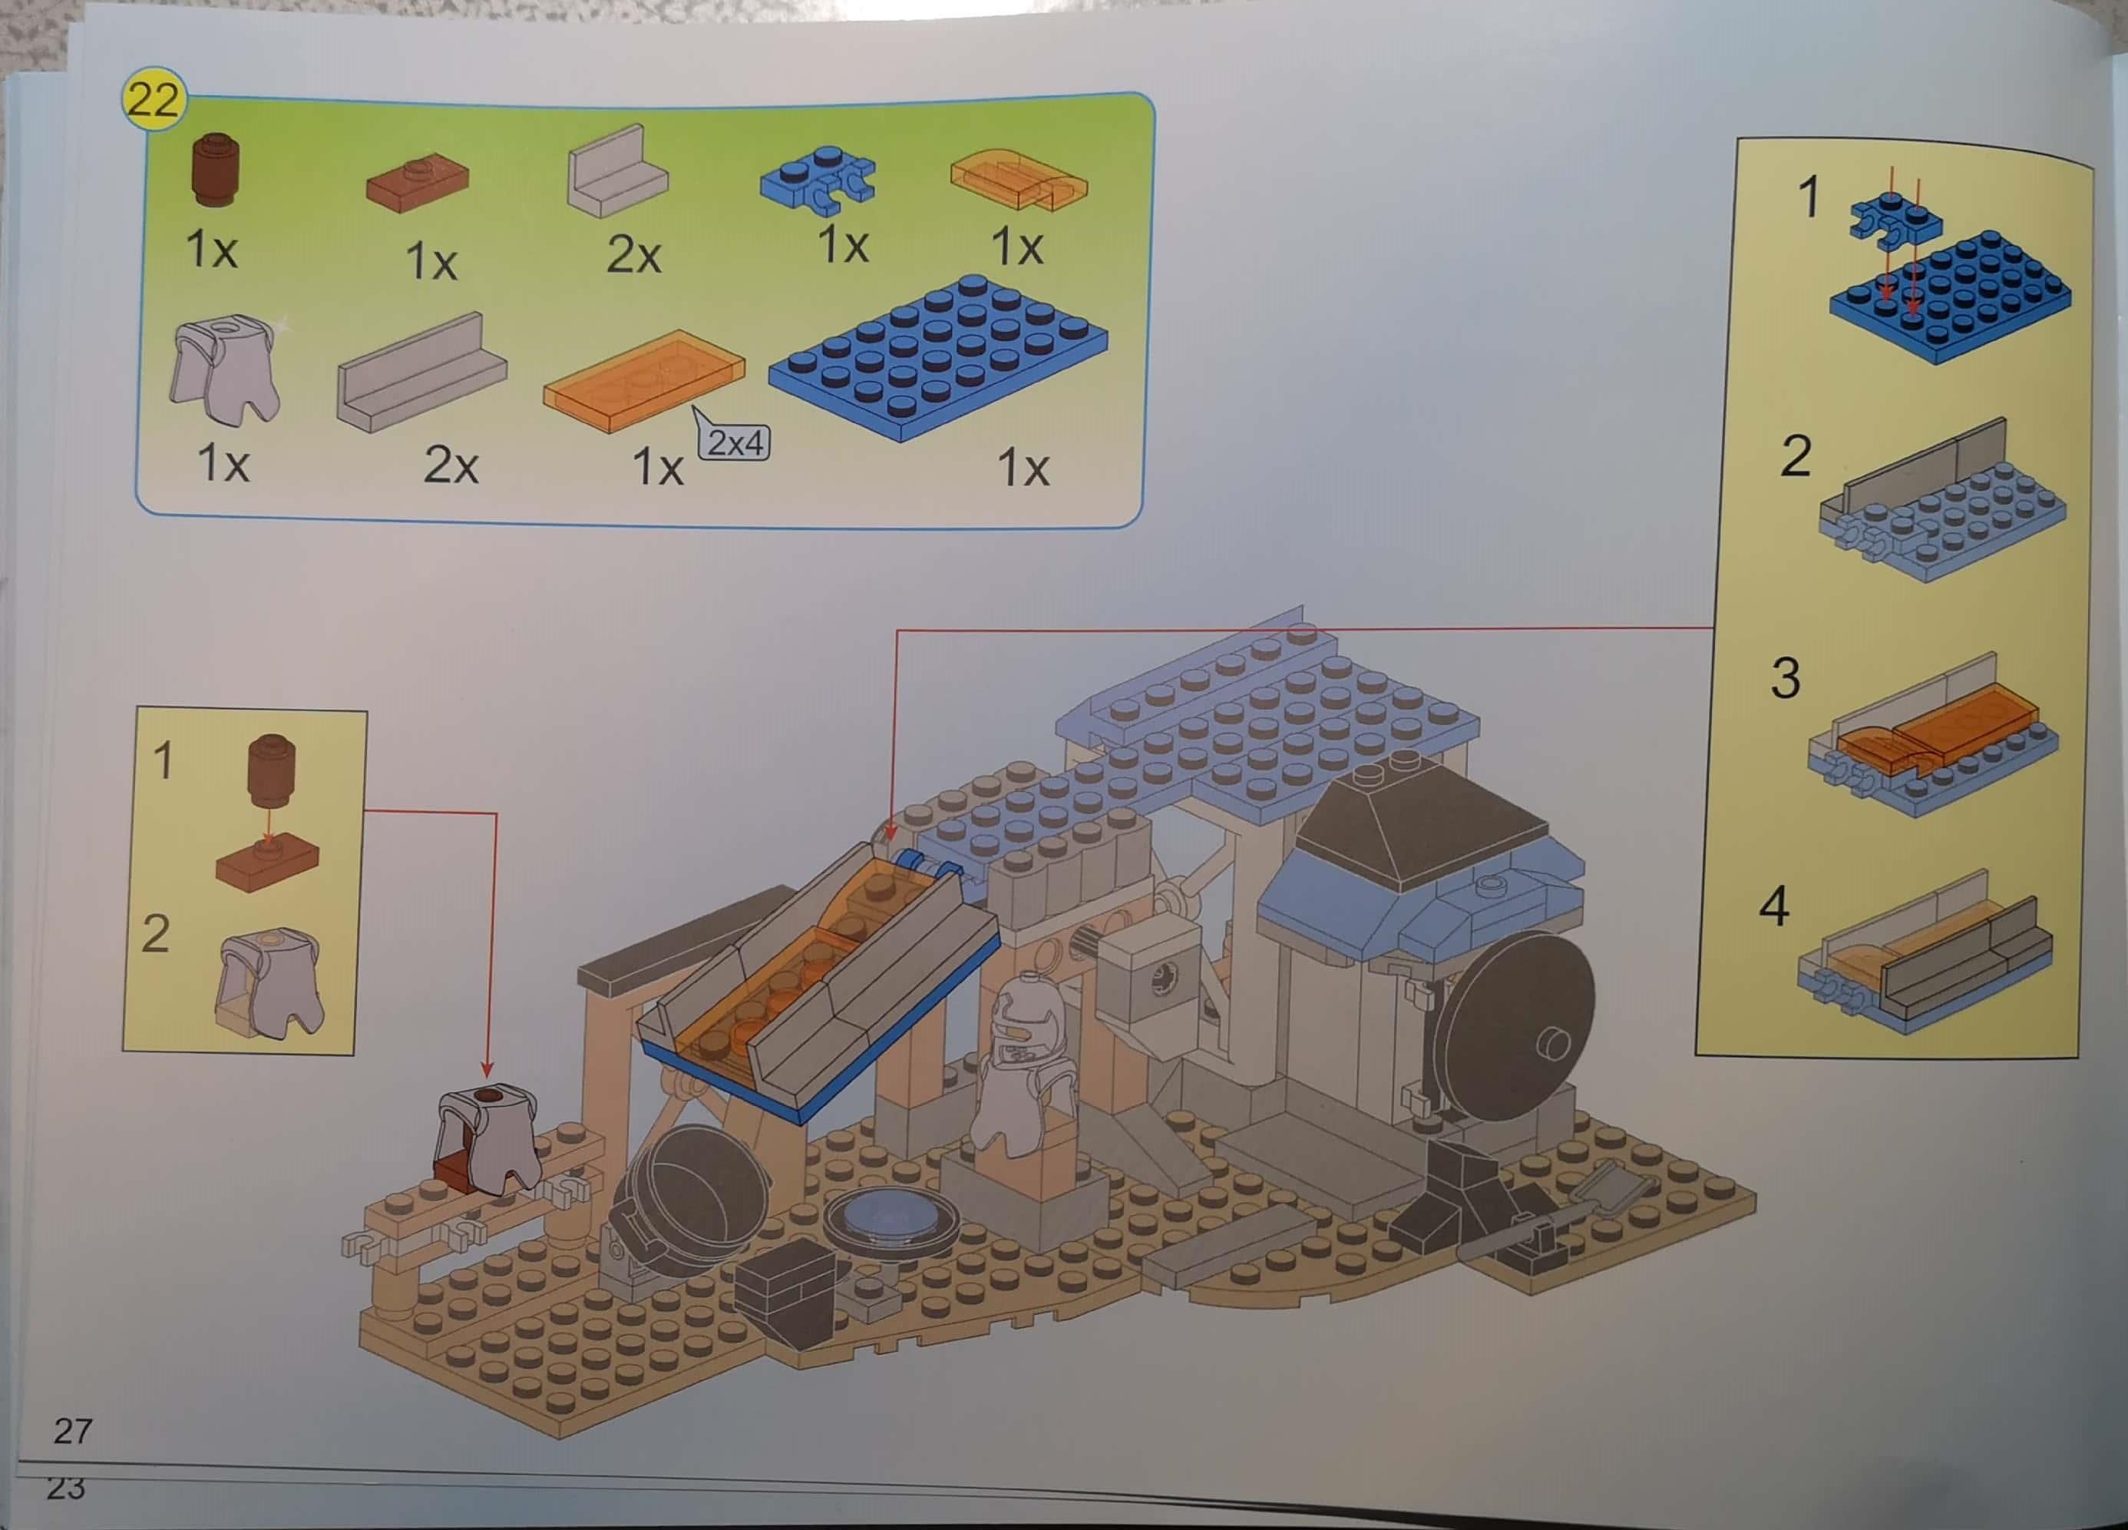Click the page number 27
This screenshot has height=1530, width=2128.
(x=73, y=1430)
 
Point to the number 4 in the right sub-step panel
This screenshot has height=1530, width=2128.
(x=1773, y=907)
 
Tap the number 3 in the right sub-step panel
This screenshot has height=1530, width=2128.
(x=1785, y=677)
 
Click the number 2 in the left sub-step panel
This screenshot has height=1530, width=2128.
(x=155, y=933)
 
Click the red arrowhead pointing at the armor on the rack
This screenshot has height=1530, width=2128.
(x=487, y=1069)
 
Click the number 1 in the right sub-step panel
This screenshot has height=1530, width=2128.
(x=1808, y=198)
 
